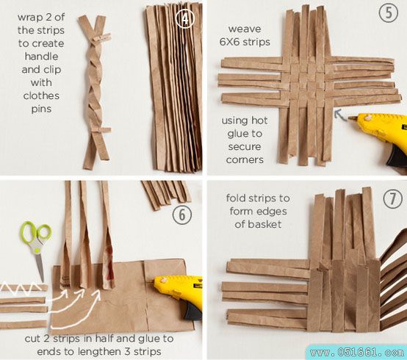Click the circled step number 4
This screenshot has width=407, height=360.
click(184, 18)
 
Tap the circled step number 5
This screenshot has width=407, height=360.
click(389, 13)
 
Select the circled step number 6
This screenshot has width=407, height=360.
click(182, 215)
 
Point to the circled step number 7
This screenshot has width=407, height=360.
click(392, 199)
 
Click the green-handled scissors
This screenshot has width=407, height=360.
click(37, 247)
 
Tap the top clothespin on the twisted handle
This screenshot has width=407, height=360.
click(101, 37)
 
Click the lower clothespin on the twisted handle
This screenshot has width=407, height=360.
click(101, 130)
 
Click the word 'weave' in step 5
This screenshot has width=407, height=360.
click(245, 29)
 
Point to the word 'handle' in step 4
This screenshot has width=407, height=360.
click(41, 57)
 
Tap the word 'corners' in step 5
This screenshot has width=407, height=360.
click(245, 159)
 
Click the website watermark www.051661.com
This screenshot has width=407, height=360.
click(357, 353)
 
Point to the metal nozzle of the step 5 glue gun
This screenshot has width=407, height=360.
click(353, 118)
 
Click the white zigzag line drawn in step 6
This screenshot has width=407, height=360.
click(21, 287)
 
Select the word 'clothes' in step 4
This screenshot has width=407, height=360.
click(41, 96)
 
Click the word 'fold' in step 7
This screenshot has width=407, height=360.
click(235, 198)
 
